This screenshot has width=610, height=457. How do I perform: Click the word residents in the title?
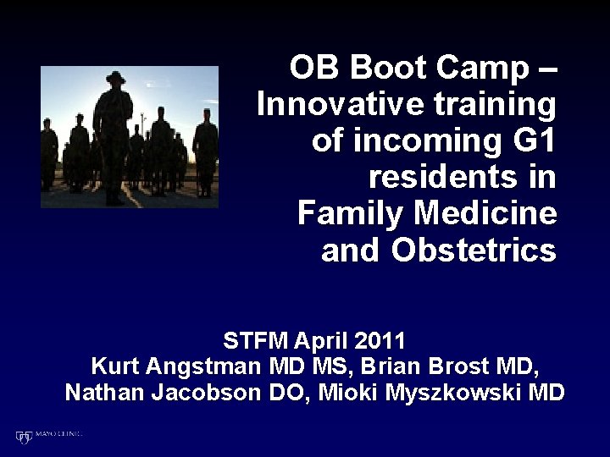tap(463, 177)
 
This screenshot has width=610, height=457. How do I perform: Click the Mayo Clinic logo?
tap(48, 436)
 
